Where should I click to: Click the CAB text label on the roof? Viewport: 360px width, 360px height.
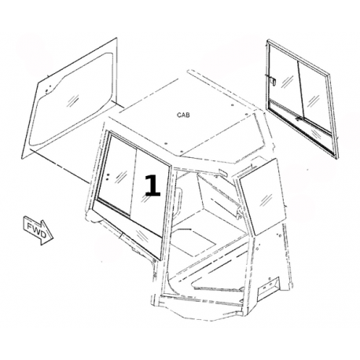click(183, 115)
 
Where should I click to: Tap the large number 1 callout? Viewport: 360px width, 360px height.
click(152, 186)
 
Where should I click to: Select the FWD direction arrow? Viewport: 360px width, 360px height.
click(39, 230)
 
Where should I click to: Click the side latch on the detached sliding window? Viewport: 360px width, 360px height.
click(273, 80)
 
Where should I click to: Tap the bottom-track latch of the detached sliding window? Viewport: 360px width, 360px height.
click(298, 119)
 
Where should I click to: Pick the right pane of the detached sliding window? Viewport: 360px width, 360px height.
click(314, 97)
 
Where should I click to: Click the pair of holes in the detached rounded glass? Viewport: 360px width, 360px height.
click(48, 88)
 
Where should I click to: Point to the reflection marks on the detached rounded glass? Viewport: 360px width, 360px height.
click(73, 100)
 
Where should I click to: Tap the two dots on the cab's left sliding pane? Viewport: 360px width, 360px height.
click(108, 176)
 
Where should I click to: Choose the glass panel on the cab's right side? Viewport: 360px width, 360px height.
click(261, 197)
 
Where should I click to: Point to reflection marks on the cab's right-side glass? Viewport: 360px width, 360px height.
click(266, 200)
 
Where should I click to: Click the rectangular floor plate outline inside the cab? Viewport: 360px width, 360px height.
click(195, 242)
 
